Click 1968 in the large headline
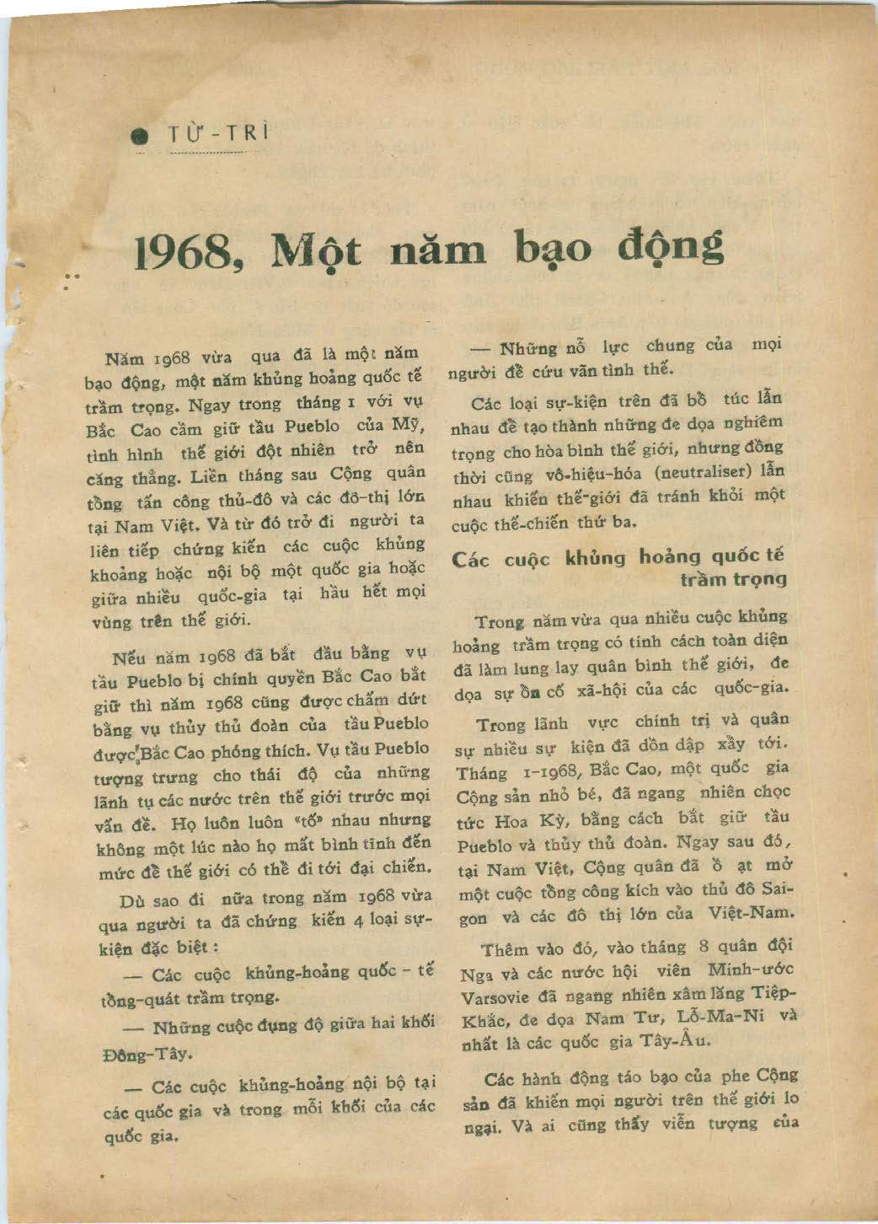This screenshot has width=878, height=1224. point(185,251)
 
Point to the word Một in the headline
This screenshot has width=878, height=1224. point(313,251)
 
